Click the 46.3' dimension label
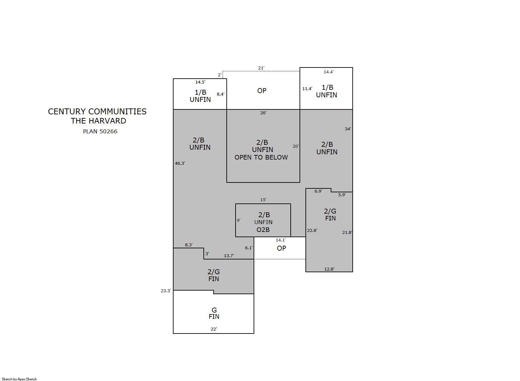pos(180,163)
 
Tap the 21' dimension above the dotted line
pos(261,68)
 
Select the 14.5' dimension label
pos(200,82)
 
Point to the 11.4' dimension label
pos(307,88)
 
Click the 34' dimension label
pos(348,129)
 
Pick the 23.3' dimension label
pos(166,291)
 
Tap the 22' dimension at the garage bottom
pos(214,329)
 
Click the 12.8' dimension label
pos(329,269)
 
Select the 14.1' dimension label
pos(281,240)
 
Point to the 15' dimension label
pos(263,200)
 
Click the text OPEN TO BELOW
pos(261,157)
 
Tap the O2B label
pos(263,230)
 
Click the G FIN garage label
pos(214,313)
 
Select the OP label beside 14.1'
pos(281,248)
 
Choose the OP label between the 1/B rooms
pos(261,91)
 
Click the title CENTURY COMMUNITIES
pos(97,111)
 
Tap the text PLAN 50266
pos(100,131)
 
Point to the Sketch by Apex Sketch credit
pos(19,379)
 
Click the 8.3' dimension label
pos(189,245)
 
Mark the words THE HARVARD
pos(98,121)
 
